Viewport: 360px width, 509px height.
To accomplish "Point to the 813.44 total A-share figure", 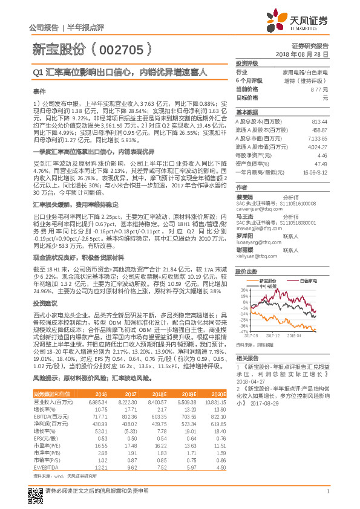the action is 318,122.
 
